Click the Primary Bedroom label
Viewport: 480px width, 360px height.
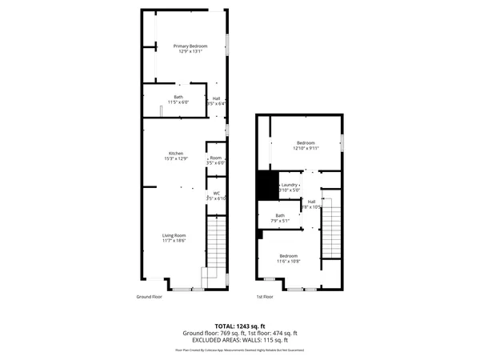pos(190,46)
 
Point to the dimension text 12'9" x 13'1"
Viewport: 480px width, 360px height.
pos(190,52)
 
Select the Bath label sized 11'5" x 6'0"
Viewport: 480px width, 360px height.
pos(178,98)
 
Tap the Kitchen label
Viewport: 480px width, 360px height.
pos(176,154)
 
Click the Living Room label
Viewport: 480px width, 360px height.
pos(174,235)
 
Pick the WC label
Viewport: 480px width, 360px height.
pos(216,193)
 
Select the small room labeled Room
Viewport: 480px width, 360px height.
pos(216,158)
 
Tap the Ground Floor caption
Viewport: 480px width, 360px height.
pos(150,297)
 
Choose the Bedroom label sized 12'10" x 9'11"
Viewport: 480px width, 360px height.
pos(306,142)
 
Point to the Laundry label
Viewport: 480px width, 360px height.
pos(290,185)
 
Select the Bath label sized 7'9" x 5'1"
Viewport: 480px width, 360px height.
pos(281,215)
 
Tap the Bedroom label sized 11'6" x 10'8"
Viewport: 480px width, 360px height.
pos(288,255)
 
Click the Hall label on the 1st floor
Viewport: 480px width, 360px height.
pos(312,202)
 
